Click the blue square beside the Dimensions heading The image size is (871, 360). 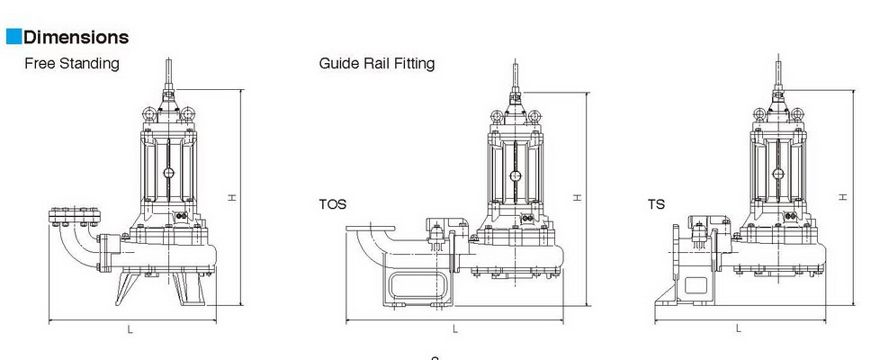tap(13, 37)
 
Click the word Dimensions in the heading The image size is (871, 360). tap(76, 37)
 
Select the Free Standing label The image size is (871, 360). tap(72, 64)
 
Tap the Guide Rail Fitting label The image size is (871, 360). tap(376, 64)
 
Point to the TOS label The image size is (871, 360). tap(332, 205)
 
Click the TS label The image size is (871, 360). tap(657, 205)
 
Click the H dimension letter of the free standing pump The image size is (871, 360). tap(232, 197)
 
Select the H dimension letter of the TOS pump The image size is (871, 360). tap(579, 197)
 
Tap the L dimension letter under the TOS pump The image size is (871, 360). tap(455, 329)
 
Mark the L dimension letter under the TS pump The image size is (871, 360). tap(739, 329)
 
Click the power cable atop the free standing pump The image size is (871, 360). tap(167, 72)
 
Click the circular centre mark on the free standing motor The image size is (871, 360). tap(167, 174)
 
